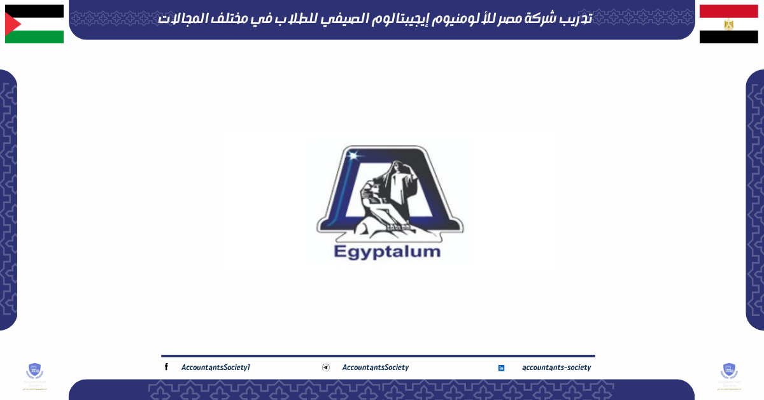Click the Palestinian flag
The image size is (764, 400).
(x=34, y=24)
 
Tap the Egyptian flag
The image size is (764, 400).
(x=728, y=24)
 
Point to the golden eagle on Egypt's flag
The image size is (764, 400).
(x=728, y=24)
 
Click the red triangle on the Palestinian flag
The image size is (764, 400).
(x=11, y=24)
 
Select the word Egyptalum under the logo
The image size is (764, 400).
(x=386, y=251)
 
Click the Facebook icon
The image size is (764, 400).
(x=166, y=367)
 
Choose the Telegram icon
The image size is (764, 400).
(x=326, y=368)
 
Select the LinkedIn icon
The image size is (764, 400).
(x=501, y=368)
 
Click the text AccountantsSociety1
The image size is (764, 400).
(x=216, y=368)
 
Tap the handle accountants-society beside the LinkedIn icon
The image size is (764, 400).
(x=556, y=368)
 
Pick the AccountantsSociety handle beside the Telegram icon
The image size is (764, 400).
(x=375, y=368)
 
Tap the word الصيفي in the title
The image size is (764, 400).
(x=354, y=19)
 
